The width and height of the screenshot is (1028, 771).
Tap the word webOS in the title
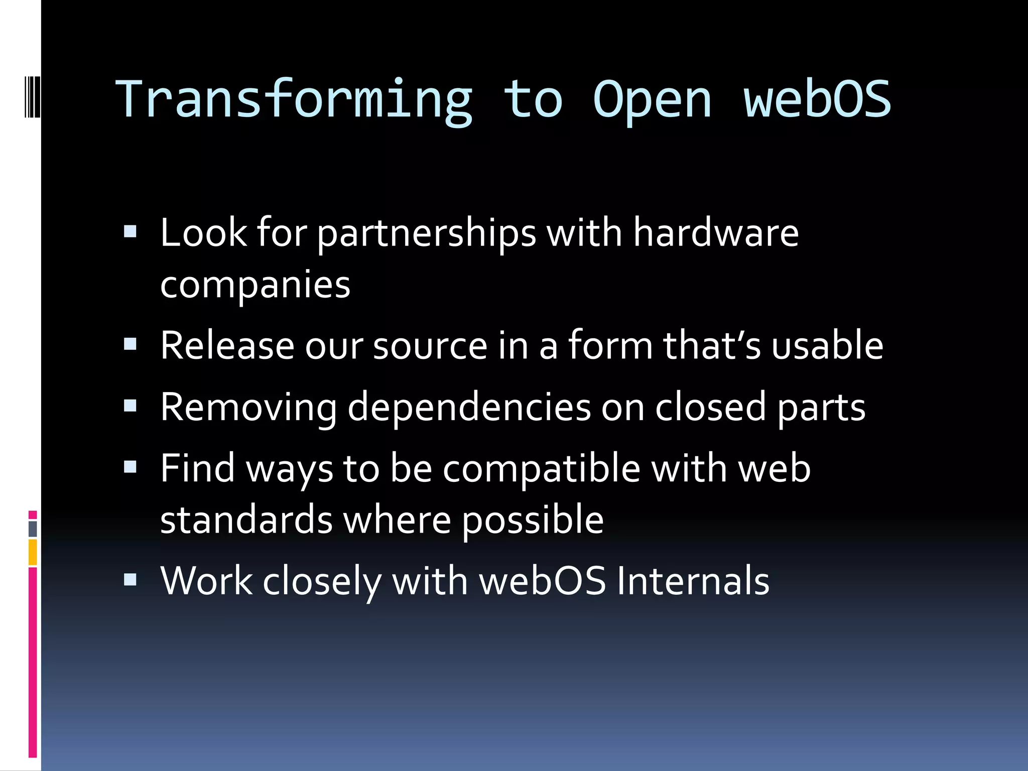[817, 99]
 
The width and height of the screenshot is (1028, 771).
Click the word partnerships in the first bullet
[427, 234]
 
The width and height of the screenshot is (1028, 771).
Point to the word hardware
[715, 233]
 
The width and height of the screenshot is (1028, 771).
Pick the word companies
[255, 286]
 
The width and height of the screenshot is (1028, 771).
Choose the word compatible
[541, 469]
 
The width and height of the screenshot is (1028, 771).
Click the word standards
[246, 520]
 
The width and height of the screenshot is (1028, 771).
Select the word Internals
[693, 581]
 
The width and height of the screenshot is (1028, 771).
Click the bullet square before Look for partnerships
[130, 231]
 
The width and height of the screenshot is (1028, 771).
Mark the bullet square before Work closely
[130, 580]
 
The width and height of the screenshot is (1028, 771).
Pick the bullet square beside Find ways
[130, 467]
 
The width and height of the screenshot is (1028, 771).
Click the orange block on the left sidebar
[33, 552]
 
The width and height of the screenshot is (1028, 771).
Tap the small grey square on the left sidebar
[33, 529]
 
